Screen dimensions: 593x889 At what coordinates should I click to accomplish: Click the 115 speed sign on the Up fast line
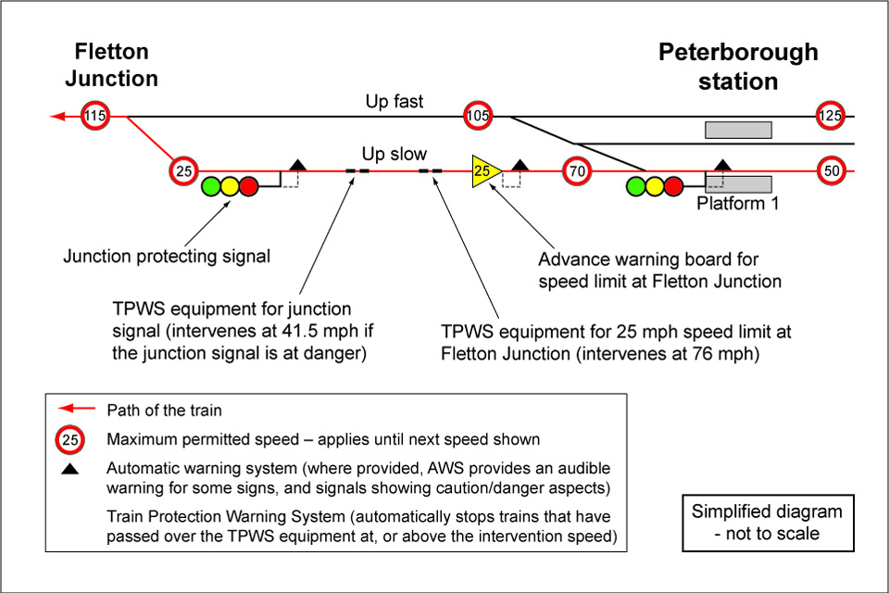(x=94, y=117)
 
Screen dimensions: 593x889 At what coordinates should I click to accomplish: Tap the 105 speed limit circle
(x=478, y=117)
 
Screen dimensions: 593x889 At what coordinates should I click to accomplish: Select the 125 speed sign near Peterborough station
(x=830, y=117)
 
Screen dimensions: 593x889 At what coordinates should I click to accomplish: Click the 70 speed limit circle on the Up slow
(x=576, y=171)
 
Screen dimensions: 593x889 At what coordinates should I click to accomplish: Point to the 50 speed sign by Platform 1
(x=831, y=171)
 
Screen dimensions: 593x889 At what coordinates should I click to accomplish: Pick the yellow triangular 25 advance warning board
(x=484, y=171)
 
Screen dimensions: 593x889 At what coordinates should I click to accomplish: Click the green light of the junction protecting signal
(x=211, y=186)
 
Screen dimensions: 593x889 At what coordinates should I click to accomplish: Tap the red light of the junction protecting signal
(x=248, y=186)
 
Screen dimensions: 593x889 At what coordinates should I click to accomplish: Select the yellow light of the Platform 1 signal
(x=655, y=186)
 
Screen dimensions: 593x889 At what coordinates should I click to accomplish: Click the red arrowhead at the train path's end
(x=57, y=117)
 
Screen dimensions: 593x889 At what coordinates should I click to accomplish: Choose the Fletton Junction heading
(x=112, y=65)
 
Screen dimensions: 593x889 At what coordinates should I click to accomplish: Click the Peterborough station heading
(x=738, y=66)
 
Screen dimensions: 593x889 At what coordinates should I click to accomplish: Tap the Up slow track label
(x=394, y=155)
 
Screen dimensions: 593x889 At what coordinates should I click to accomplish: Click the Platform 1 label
(x=737, y=203)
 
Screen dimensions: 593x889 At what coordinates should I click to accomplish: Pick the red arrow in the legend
(x=76, y=409)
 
